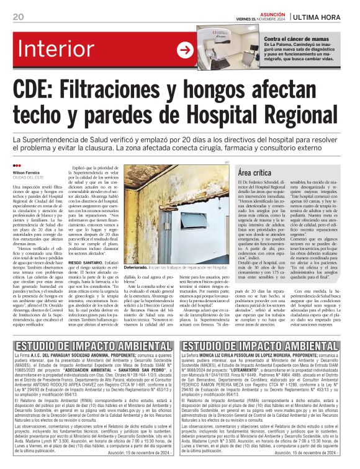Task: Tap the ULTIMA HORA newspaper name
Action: tap(322, 16)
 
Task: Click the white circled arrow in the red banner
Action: tap(185, 50)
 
